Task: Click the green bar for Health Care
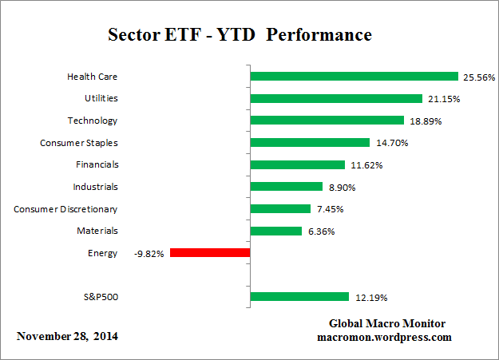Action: coord(354,77)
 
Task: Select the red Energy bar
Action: coord(210,253)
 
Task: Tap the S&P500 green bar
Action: coord(299,297)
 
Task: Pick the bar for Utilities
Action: coord(336,98)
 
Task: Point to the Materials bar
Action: coord(276,231)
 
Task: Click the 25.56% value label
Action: coord(479,77)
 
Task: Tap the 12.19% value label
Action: coord(370,298)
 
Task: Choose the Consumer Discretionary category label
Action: coord(65,209)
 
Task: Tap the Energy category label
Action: coord(103,253)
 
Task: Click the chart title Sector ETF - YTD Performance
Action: coord(240,36)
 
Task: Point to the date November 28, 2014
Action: coord(67,336)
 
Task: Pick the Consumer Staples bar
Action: coord(311,143)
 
